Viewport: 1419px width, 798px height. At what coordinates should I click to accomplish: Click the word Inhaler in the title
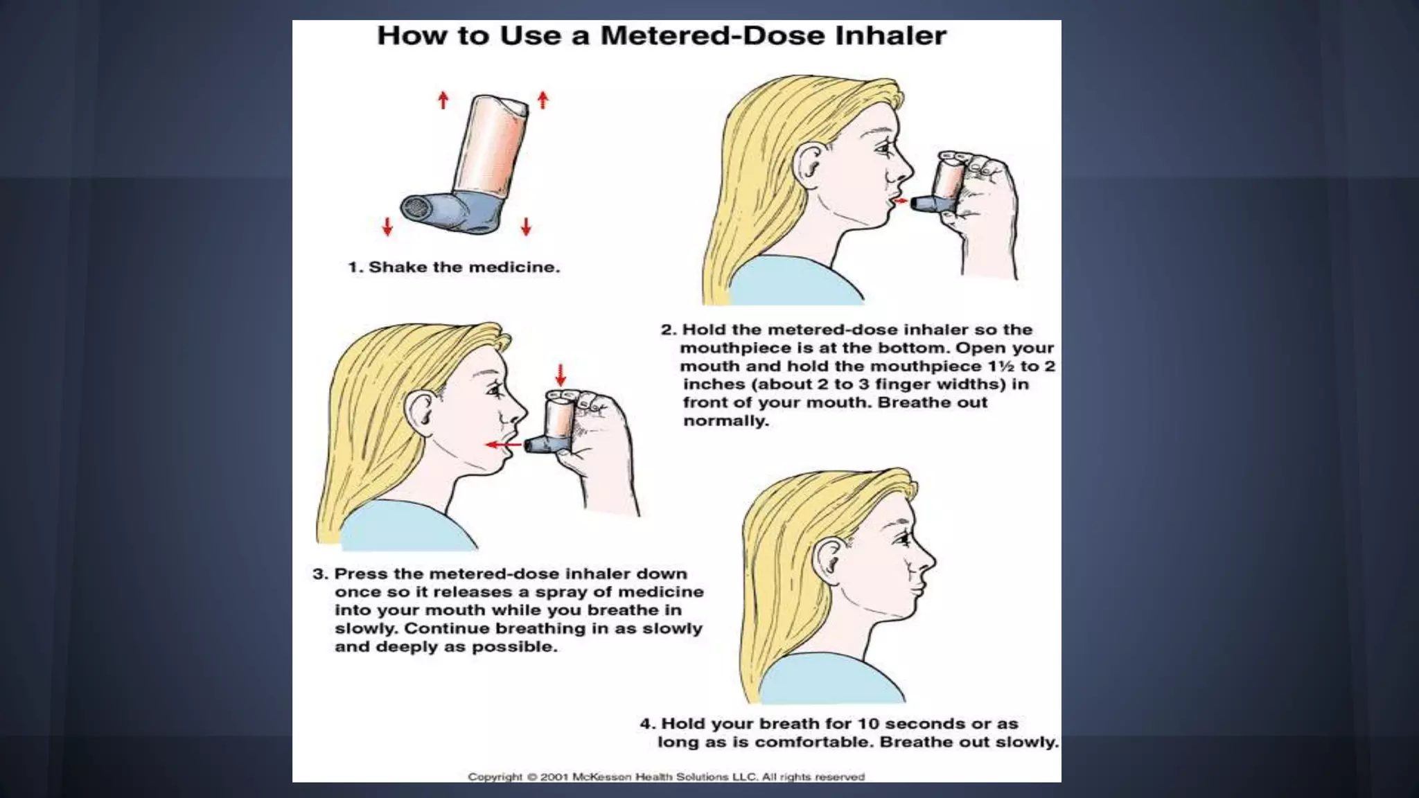pyautogui.click(x=890, y=35)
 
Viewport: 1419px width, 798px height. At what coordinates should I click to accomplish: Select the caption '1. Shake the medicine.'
pyautogui.click(x=454, y=267)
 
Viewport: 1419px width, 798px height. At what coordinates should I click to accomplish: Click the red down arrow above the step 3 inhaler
pyautogui.click(x=561, y=375)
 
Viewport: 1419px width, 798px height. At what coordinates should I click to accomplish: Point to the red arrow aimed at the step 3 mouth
pyautogui.click(x=503, y=444)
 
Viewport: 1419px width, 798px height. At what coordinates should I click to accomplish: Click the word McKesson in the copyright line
pyautogui.click(x=602, y=777)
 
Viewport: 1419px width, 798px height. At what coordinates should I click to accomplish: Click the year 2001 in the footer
pyautogui.click(x=554, y=777)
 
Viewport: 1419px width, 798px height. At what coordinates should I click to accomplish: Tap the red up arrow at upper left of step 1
pyautogui.click(x=443, y=100)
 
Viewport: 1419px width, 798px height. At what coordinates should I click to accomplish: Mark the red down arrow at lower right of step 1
pyautogui.click(x=526, y=227)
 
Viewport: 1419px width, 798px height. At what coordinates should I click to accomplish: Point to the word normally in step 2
pyautogui.click(x=726, y=421)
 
